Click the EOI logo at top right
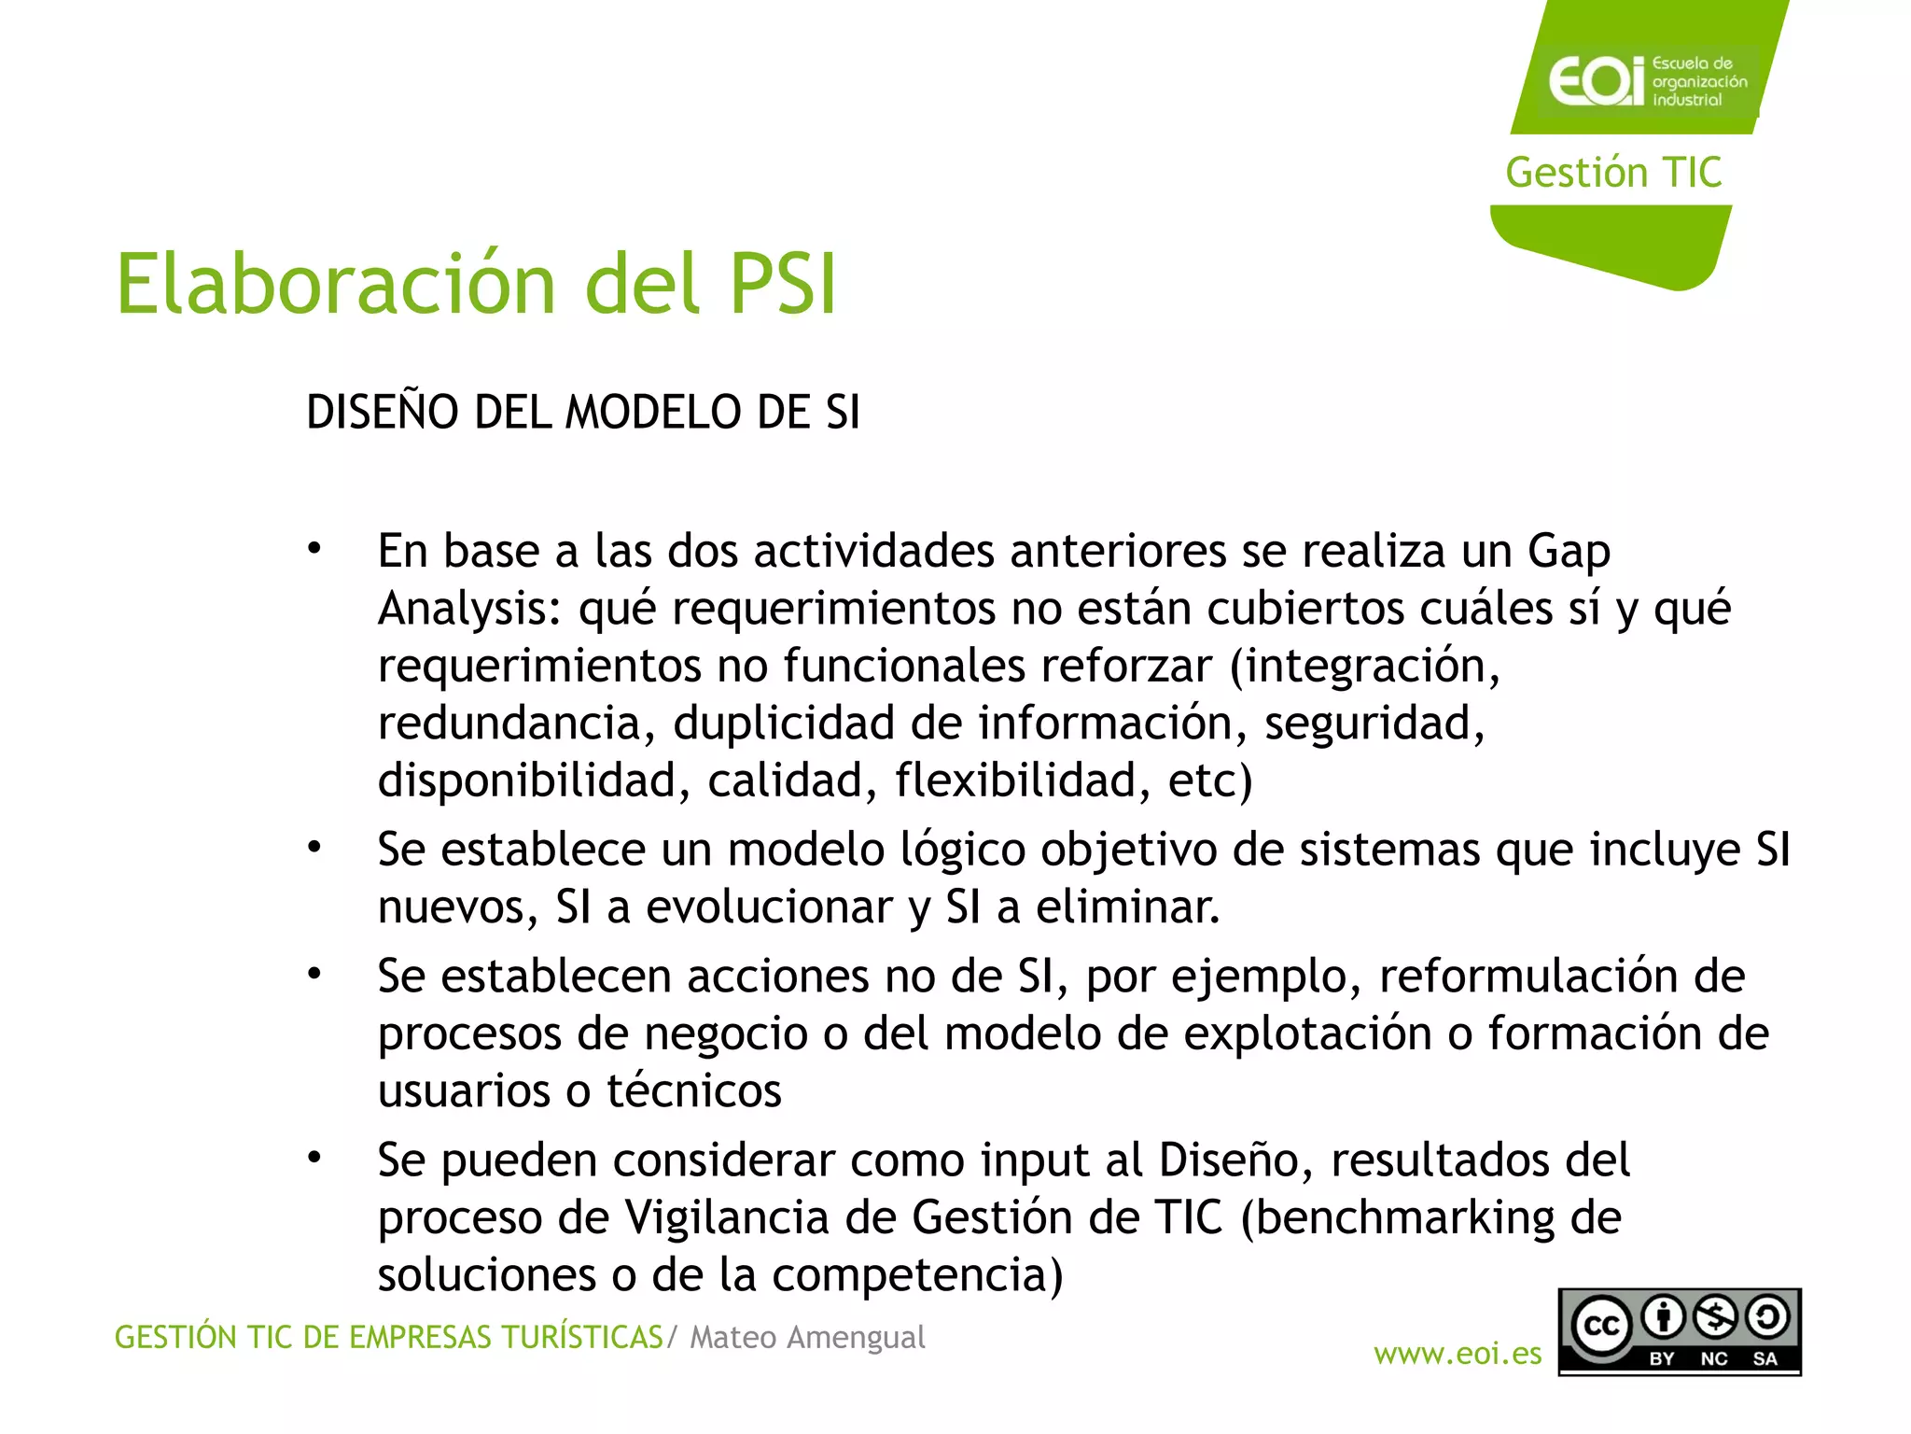(x=1647, y=81)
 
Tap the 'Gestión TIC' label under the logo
(x=1613, y=173)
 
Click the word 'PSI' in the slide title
(x=782, y=284)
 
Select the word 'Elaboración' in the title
(x=336, y=284)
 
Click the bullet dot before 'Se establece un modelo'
(x=314, y=848)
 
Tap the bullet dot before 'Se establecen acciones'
(x=314, y=975)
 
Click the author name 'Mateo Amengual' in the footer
(x=807, y=1337)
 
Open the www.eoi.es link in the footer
(x=1458, y=1354)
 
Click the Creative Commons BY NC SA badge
(x=1679, y=1332)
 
